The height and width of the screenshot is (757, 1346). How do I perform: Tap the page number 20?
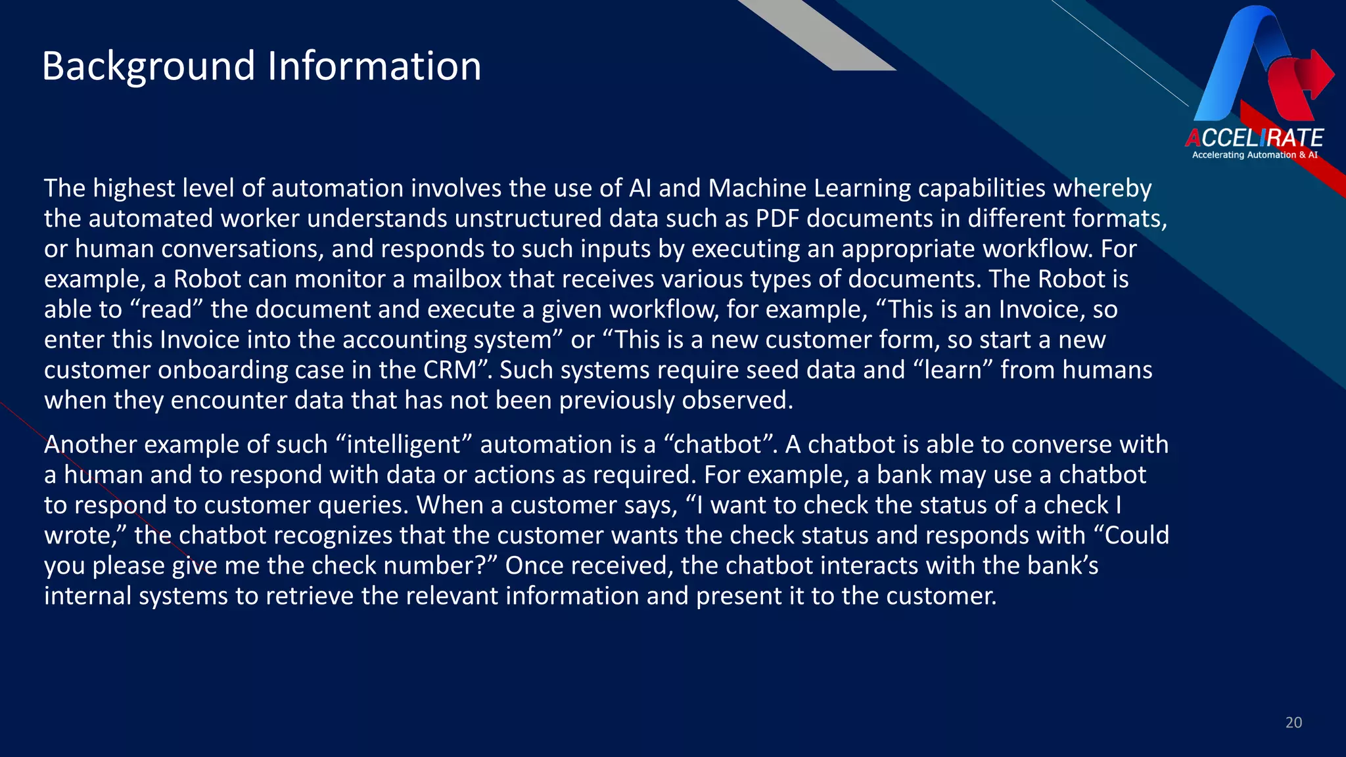click(1293, 723)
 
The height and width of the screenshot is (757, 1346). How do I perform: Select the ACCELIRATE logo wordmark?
click(1254, 138)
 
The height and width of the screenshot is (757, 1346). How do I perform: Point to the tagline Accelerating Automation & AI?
click(1255, 155)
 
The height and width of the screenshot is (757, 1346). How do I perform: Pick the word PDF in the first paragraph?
click(777, 219)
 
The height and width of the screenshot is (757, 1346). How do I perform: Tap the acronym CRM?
click(450, 370)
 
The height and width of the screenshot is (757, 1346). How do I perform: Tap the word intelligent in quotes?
click(404, 445)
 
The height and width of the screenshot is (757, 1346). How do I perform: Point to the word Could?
click(1137, 536)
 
